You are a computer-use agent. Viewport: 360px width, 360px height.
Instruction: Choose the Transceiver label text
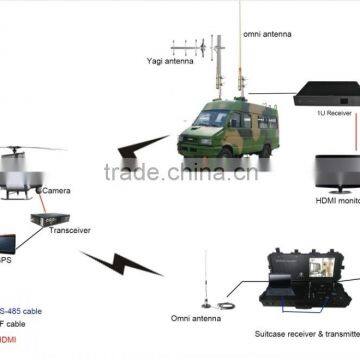70,230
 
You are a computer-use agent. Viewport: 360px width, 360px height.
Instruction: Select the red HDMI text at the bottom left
8,341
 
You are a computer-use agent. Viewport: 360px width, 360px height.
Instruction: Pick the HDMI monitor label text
336,201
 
